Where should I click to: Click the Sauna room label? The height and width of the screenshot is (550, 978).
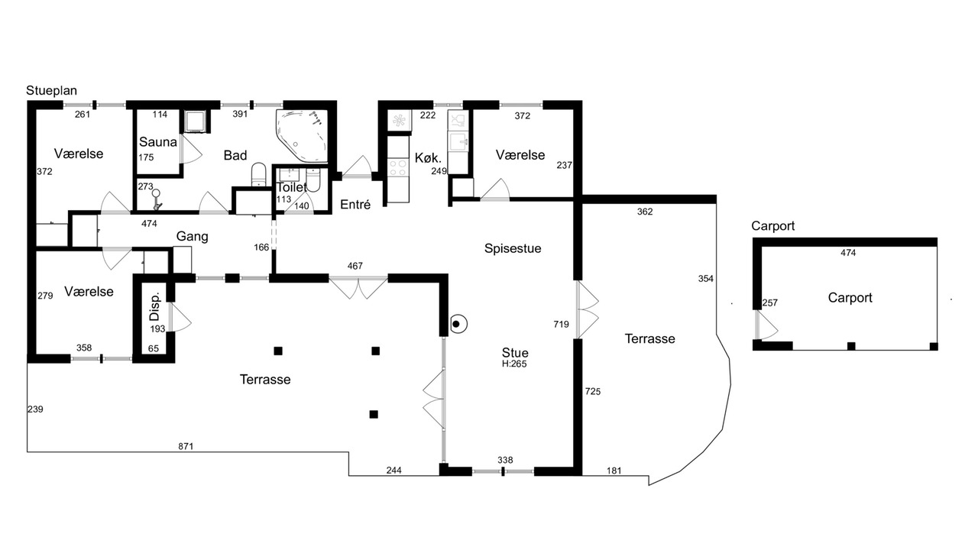click(x=158, y=142)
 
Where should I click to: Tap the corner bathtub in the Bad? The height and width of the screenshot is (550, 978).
click(x=302, y=136)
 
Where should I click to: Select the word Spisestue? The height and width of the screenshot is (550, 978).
click(x=513, y=248)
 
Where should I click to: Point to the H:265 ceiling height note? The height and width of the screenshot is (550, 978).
click(x=514, y=364)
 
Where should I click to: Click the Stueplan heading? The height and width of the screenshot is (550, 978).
click(x=51, y=90)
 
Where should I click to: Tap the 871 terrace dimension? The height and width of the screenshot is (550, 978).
click(x=186, y=446)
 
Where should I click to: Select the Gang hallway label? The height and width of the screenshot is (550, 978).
click(x=192, y=237)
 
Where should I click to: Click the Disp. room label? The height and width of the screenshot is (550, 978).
click(x=155, y=306)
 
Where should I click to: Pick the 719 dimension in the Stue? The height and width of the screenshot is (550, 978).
click(x=561, y=325)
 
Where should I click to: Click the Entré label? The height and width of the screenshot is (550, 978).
click(x=355, y=204)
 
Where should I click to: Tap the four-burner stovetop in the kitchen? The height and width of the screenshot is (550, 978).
click(x=397, y=168)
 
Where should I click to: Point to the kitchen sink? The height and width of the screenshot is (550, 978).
click(x=458, y=141)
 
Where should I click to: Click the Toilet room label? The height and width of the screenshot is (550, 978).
click(x=292, y=188)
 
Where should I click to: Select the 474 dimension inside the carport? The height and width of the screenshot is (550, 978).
click(x=848, y=253)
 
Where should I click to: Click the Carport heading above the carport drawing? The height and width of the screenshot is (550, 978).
click(x=772, y=226)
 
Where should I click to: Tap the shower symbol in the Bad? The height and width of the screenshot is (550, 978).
click(x=157, y=199)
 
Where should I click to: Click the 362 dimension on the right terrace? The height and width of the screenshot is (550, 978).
click(x=645, y=212)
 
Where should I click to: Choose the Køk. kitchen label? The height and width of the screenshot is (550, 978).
click(x=428, y=157)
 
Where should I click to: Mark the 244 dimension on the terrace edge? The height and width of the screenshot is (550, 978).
click(x=393, y=470)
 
